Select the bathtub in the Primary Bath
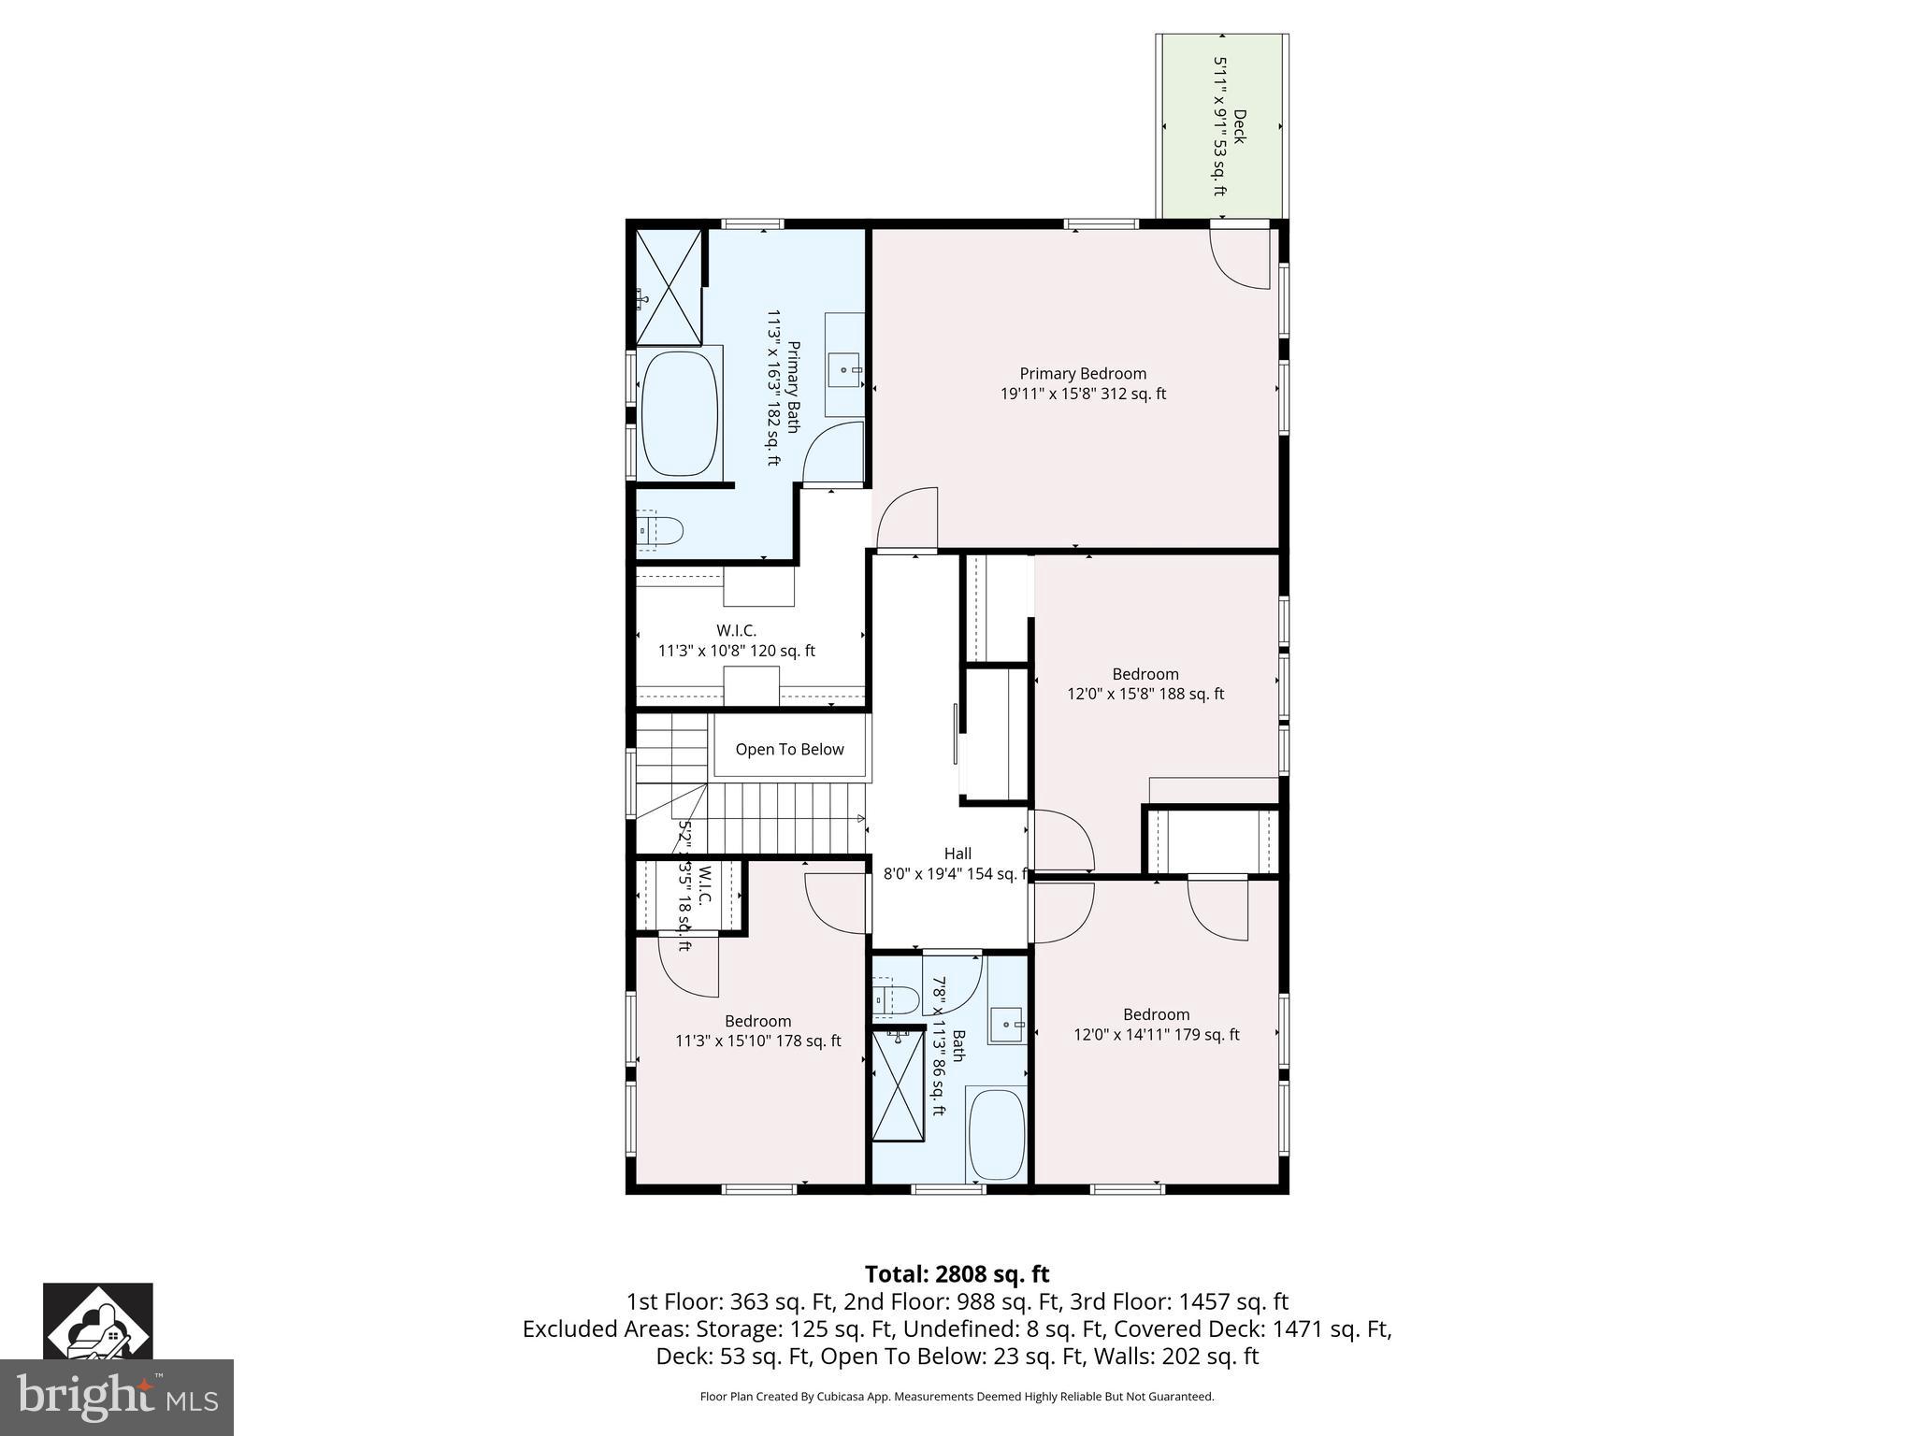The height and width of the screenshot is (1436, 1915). coord(680,415)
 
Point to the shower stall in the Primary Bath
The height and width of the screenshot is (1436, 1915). coord(669,286)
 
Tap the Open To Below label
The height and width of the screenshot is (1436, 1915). coord(789,749)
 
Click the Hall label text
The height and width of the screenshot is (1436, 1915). coord(957,854)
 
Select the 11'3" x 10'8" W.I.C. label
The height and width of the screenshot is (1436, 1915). coord(737,641)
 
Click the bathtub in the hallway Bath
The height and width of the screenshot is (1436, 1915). coord(997,1134)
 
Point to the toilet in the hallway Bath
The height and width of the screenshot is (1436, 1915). coord(897,998)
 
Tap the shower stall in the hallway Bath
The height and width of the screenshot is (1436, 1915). coord(897,1084)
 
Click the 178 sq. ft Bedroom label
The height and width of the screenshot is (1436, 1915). coord(757,1031)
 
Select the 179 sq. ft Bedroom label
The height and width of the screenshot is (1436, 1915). coord(1156,1025)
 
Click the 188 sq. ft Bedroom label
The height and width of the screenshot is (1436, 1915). coord(1145,683)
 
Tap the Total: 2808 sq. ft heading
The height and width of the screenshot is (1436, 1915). coord(957,1273)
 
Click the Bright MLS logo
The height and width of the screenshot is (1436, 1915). coord(116,1397)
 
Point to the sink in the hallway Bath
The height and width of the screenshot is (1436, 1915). coord(1008,1025)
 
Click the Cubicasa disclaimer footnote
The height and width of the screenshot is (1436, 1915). coord(957,1397)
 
